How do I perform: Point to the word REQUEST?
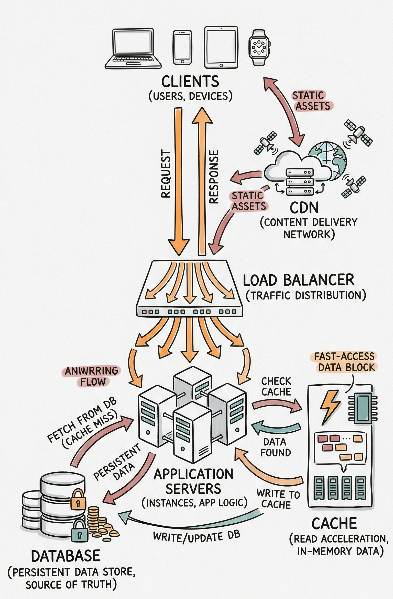(166, 174)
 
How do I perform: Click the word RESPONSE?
(214, 176)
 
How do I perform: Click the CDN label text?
(304, 208)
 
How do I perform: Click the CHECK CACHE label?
(276, 386)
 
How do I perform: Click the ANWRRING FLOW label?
(92, 376)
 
